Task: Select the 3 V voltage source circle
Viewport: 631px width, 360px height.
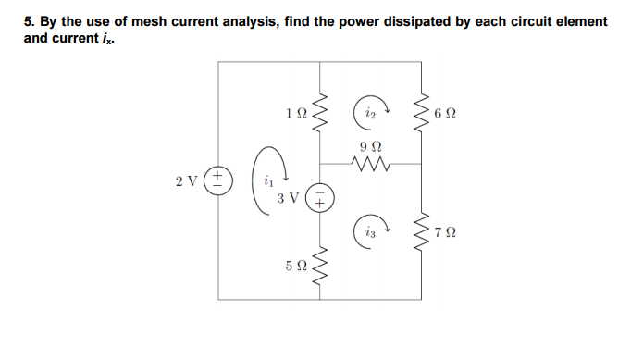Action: (320, 196)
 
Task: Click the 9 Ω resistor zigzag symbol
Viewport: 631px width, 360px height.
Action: (372, 165)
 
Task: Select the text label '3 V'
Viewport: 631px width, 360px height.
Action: (288, 197)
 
